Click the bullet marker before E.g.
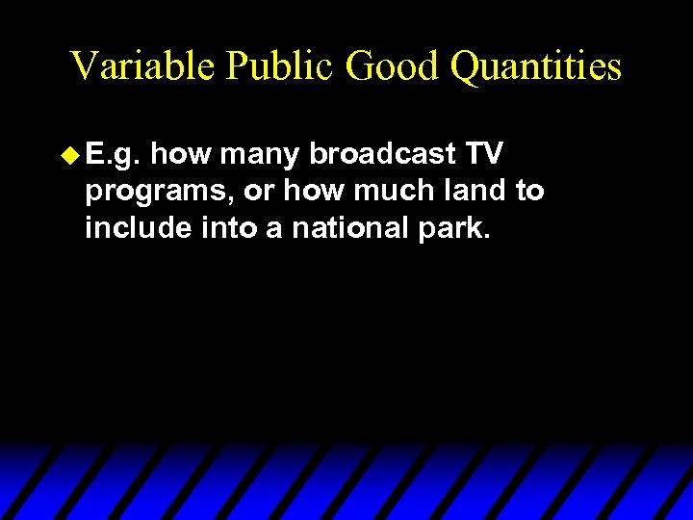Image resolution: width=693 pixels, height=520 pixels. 69,152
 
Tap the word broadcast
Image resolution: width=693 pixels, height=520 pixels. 382,152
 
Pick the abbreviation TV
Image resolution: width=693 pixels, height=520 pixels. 484,152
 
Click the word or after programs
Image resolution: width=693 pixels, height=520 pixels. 257,192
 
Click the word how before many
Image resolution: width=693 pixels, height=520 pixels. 181,152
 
